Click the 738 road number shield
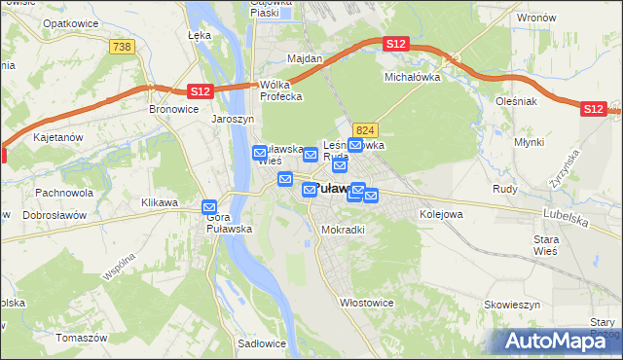coord(122,47)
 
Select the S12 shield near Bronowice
coord(199,90)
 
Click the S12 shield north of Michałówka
coord(395,44)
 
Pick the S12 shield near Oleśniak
coord(593,109)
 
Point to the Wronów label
coord(536,18)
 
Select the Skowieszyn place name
coord(513,304)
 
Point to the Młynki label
coord(529,142)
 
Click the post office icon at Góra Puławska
coord(209,207)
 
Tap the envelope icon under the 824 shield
coord(355,146)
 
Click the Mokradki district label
coord(343,230)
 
